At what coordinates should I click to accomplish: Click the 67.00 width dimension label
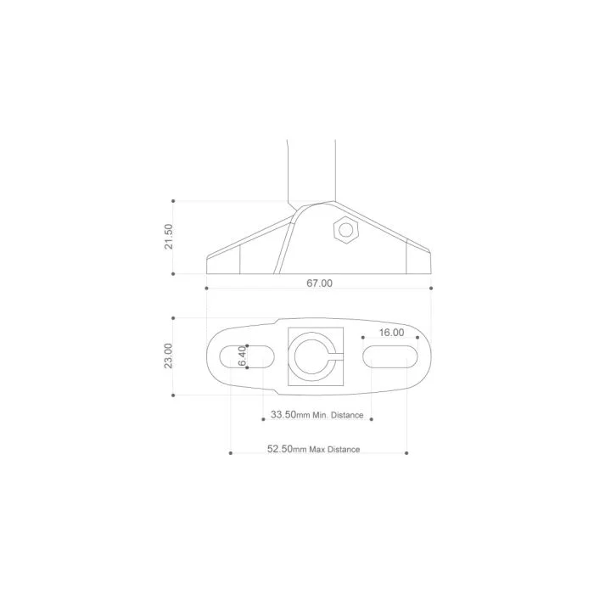click(x=319, y=283)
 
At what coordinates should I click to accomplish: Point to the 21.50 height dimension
click(x=169, y=237)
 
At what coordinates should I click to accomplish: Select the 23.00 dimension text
click(x=169, y=356)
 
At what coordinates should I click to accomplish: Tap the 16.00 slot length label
click(x=392, y=333)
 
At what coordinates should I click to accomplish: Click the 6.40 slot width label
click(x=242, y=356)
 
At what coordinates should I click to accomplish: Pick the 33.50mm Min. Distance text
click(x=317, y=415)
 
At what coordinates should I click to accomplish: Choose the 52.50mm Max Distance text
click(x=314, y=449)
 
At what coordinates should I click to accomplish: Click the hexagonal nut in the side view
click(x=346, y=230)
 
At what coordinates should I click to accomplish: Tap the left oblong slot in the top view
click(x=247, y=356)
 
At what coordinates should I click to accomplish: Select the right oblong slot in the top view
click(x=390, y=356)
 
